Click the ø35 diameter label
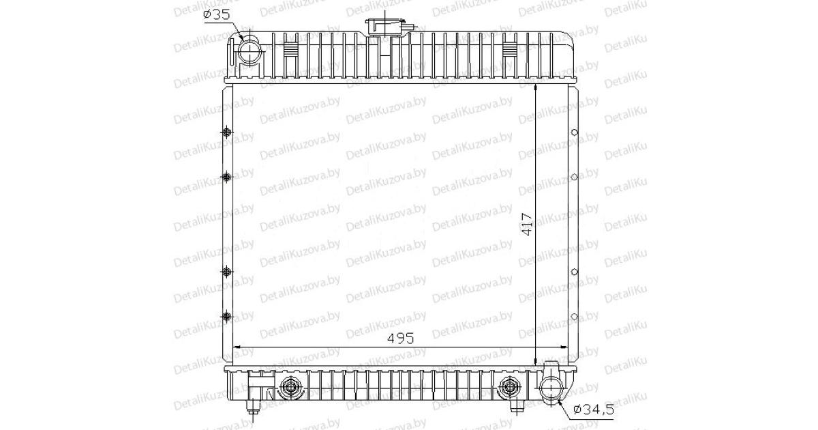click(217, 14)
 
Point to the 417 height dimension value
click(526, 226)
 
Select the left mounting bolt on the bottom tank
click(292, 388)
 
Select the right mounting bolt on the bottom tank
click(508, 388)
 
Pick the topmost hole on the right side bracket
click(574, 133)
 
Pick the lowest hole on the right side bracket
click(574, 316)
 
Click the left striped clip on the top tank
click(290, 50)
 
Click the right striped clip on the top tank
click(510, 50)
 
